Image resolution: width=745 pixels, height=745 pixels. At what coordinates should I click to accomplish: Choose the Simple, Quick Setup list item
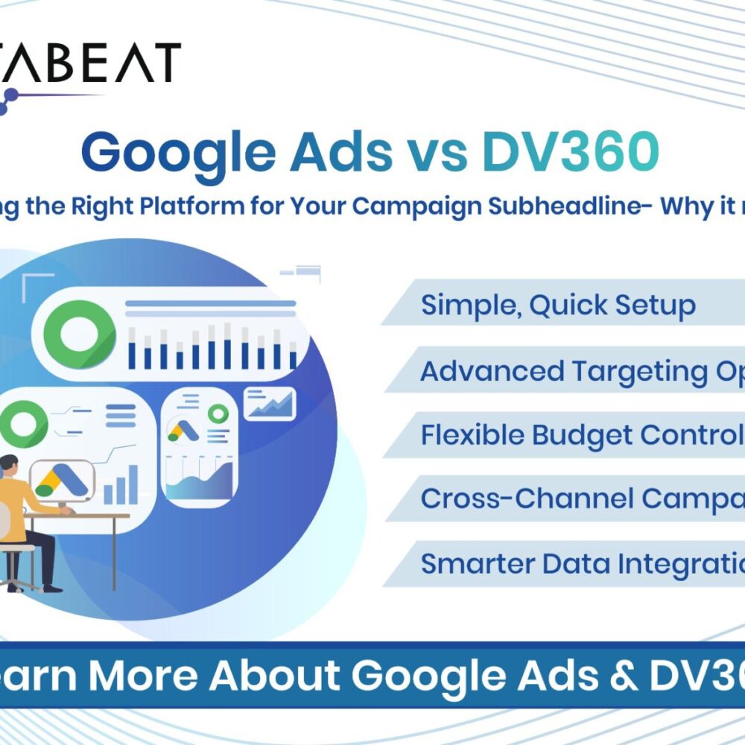click(x=558, y=305)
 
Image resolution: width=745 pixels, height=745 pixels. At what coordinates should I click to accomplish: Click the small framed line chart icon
click(x=270, y=404)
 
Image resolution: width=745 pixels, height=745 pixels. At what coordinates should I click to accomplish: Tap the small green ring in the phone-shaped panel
click(x=218, y=413)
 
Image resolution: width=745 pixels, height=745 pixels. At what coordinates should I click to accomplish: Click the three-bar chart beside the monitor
click(x=120, y=485)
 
